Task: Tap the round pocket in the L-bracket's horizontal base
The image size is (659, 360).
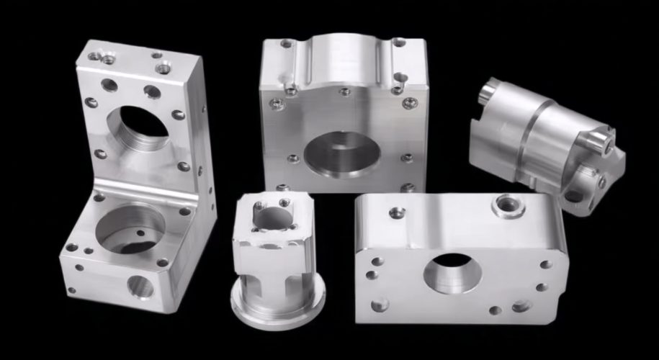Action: pos(130,228)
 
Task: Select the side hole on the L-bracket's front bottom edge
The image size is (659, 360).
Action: pos(140,287)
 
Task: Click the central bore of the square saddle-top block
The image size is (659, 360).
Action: pos(341,153)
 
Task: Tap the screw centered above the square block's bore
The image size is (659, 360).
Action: pos(345,91)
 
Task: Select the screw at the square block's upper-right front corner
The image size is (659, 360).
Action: pos(409,103)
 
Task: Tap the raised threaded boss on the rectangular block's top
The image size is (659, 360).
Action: pos(508,206)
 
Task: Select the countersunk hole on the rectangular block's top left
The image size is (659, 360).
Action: pos(397,212)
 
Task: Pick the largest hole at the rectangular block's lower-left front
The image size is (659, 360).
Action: pos(379,304)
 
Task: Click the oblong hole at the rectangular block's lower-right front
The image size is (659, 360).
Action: pos(521,306)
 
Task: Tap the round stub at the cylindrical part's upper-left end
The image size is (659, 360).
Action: pos(490,91)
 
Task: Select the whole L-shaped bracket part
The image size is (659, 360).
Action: pos(137,180)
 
